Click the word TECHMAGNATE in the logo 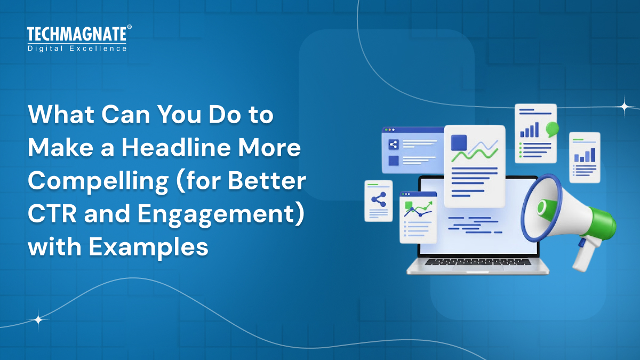[76, 35]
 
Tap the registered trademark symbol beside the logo [129, 27]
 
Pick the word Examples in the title [148, 248]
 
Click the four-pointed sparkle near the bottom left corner [38, 320]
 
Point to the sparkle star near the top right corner [624, 106]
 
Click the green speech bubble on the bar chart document [552, 128]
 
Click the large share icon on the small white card [379, 200]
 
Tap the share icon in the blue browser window [394, 144]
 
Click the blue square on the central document [459, 142]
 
